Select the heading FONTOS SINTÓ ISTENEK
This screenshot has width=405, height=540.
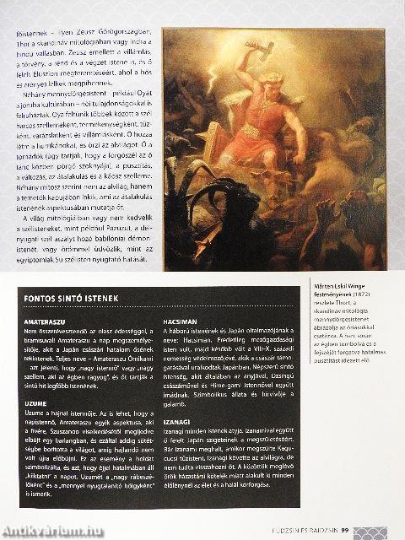[73, 299]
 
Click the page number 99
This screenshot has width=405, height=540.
[347, 531]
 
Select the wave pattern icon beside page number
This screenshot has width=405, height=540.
[371, 531]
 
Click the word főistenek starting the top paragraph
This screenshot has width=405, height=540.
[30, 38]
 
